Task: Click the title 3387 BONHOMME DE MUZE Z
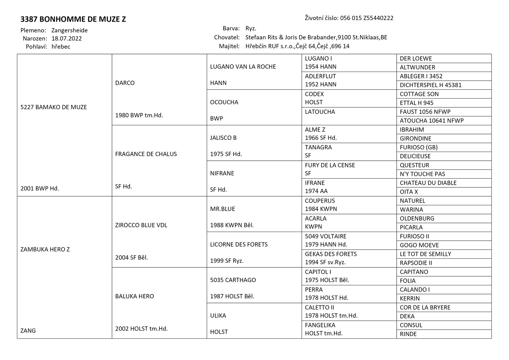point(73,19)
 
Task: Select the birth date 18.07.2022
point(67,38)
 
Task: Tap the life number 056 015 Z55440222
point(367,18)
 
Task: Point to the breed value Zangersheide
point(69,30)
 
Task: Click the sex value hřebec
point(61,47)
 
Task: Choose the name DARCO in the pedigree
point(125,83)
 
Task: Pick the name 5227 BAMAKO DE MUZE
point(53,107)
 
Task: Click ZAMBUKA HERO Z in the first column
point(45,249)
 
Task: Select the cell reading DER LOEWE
point(416,59)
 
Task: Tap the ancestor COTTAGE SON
point(419,94)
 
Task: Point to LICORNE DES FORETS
point(239,244)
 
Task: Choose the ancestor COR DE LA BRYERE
point(425,307)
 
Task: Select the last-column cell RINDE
point(408,334)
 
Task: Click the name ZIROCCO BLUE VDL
point(141,225)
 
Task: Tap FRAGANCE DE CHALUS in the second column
point(146,154)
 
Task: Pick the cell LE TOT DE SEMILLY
point(425,254)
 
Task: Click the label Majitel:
point(229,46)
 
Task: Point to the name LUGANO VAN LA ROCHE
point(243,67)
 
